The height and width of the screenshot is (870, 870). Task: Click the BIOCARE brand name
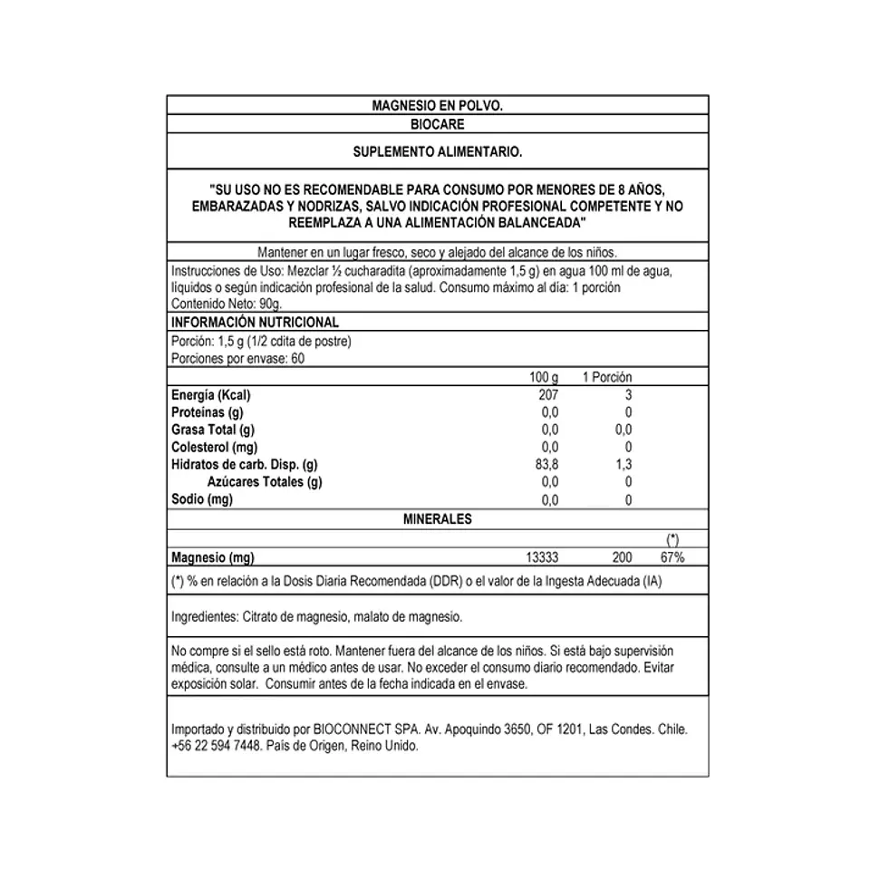437,125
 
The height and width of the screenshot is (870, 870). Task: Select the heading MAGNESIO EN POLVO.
437,106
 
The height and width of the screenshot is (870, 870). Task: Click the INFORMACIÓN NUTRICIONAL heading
255,322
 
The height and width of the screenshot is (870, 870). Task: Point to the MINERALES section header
437,519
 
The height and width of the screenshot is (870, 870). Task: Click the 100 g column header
545,377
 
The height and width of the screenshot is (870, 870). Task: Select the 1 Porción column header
606,377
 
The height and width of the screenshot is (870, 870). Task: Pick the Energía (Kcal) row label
210,395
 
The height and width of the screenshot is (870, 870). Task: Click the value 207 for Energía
549,395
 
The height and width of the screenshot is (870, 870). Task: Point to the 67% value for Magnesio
672,557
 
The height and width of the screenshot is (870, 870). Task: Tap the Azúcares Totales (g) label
265,482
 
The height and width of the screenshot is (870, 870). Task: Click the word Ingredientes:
205,617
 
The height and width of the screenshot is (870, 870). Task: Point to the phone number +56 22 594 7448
216,746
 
